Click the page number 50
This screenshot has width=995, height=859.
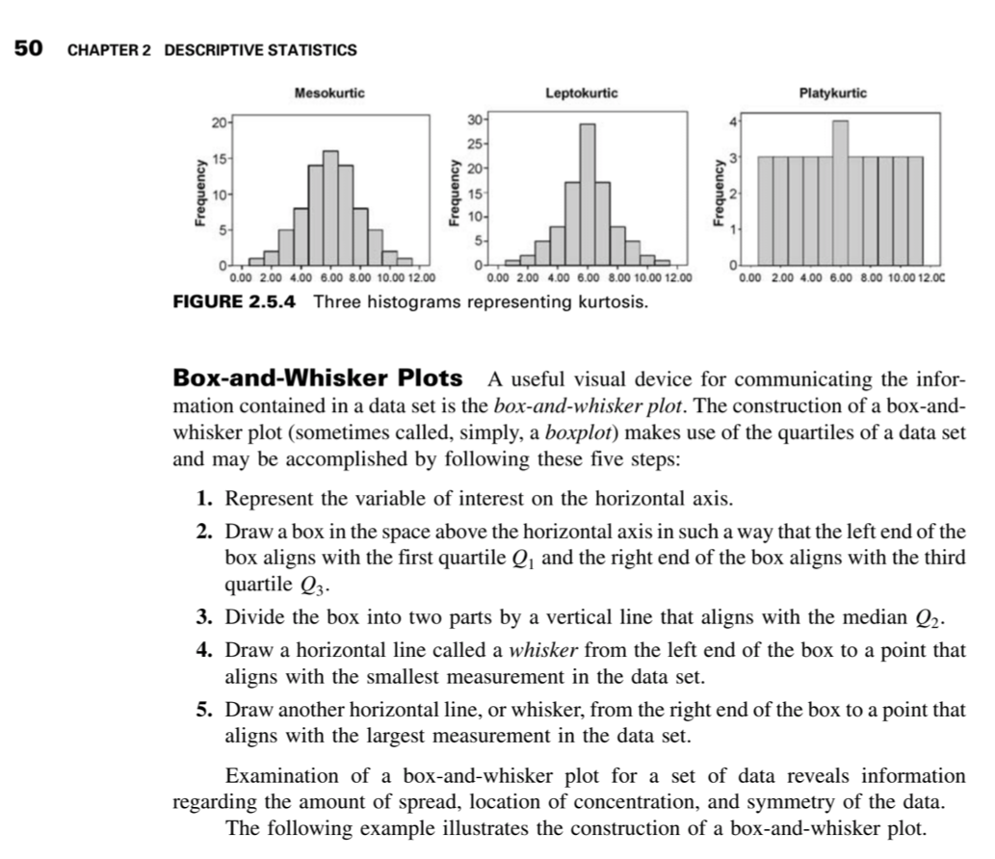[28, 48]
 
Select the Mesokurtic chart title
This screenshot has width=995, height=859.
[329, 93]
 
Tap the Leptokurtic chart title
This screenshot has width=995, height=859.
[582, 93]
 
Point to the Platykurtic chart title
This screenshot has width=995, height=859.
[833, 93]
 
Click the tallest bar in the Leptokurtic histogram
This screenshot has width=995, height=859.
[588, 193]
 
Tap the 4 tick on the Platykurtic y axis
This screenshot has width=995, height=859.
[734, 123]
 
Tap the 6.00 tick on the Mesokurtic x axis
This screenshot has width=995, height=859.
[330, 278]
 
